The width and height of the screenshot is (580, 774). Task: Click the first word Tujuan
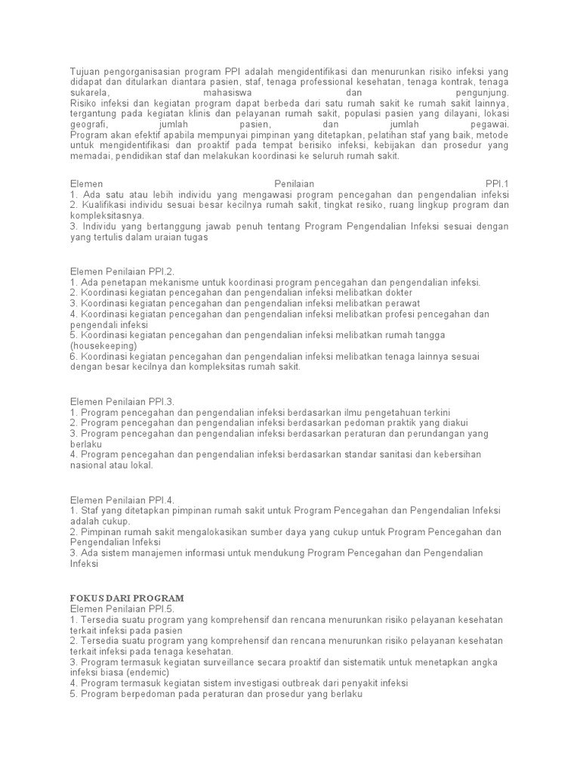(x=86, y=70)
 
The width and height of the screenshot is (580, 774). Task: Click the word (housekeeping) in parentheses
(x=104, y=345)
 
